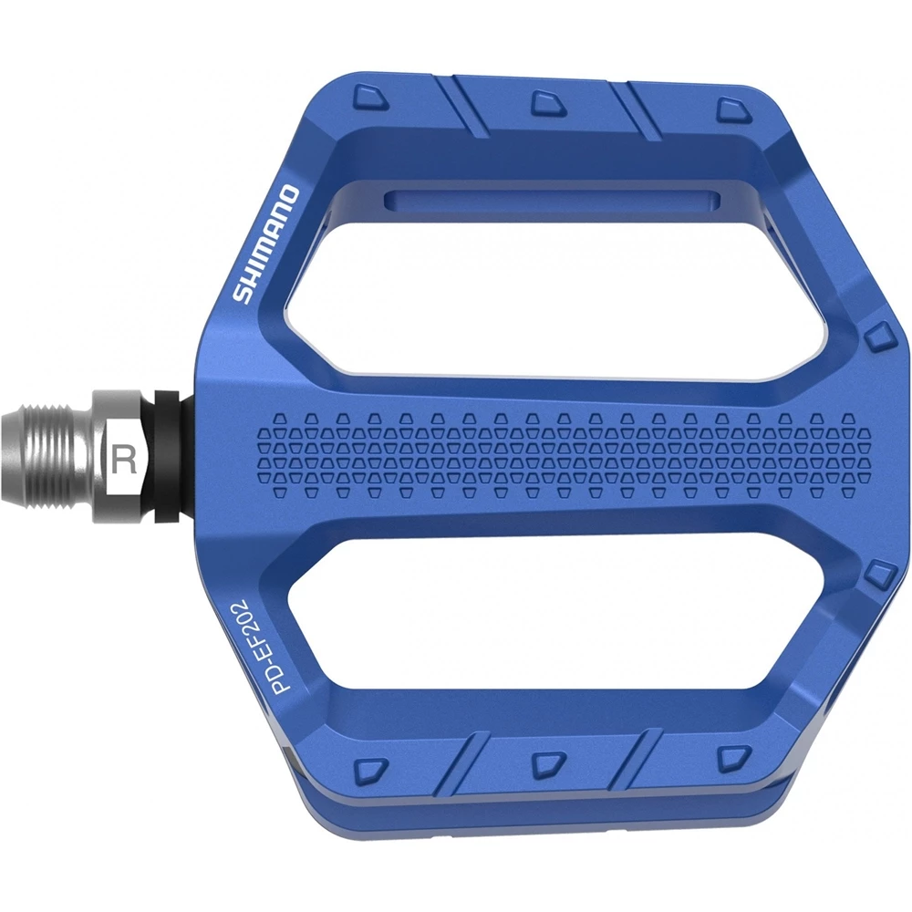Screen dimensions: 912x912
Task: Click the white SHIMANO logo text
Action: coord(264,244)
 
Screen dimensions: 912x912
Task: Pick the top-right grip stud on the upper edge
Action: coord(731,110)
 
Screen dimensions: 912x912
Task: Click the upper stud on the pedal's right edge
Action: coord(877,337)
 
